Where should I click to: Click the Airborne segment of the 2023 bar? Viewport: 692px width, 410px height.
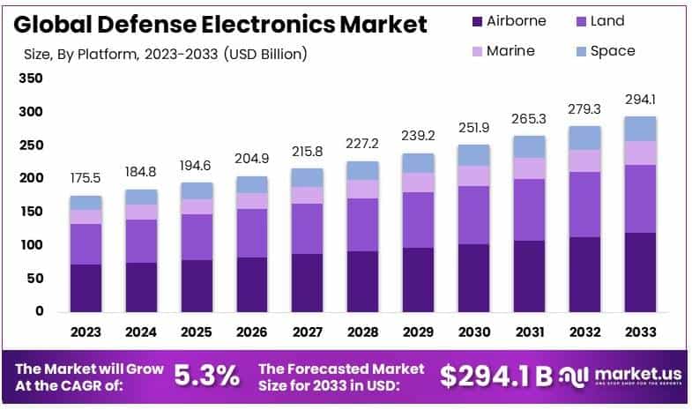[x=86, y=287]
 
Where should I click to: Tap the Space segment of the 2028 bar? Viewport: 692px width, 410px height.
[x=362, y=170]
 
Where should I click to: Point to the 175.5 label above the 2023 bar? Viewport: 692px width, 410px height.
[x=86, y=179]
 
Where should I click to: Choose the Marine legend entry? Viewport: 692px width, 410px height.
[x=510, y=50]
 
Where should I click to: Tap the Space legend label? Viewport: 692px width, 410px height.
[x=612, y=50]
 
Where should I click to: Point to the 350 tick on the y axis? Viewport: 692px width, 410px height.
[x=30, y=78]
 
